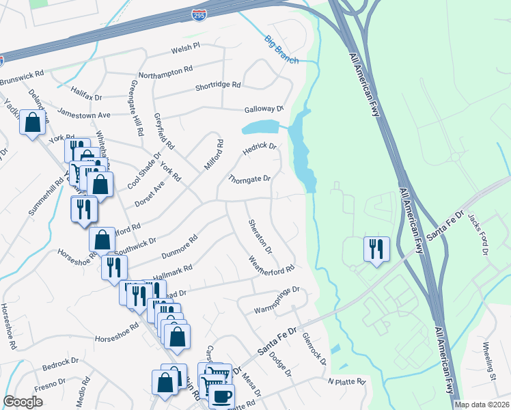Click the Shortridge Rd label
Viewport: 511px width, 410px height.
pyautogui.click(x=218, y=85)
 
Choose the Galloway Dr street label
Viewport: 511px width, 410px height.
pyautogui.click(x=264, y=109)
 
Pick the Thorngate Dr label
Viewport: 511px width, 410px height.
pyautogui.click(x=249, y=180)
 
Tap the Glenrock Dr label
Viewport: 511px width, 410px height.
pyautogui.click(x=316, y=346)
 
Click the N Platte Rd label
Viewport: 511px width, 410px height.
pyautogui.click(x=346, y=381)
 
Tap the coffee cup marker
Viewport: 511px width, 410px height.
pyautogui.click(x=221, y=396)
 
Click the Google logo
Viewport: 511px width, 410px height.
pyautogui.click(x=23, y=402)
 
